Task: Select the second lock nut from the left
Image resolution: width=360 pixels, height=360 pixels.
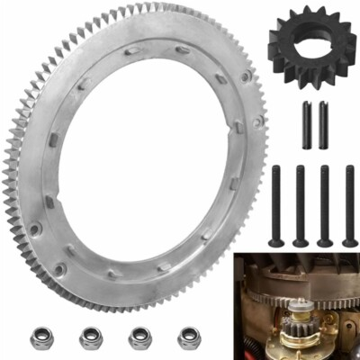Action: (91, 337)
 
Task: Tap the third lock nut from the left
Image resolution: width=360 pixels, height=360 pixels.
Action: (139, 337)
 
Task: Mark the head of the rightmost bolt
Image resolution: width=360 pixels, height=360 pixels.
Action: (349, 240)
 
